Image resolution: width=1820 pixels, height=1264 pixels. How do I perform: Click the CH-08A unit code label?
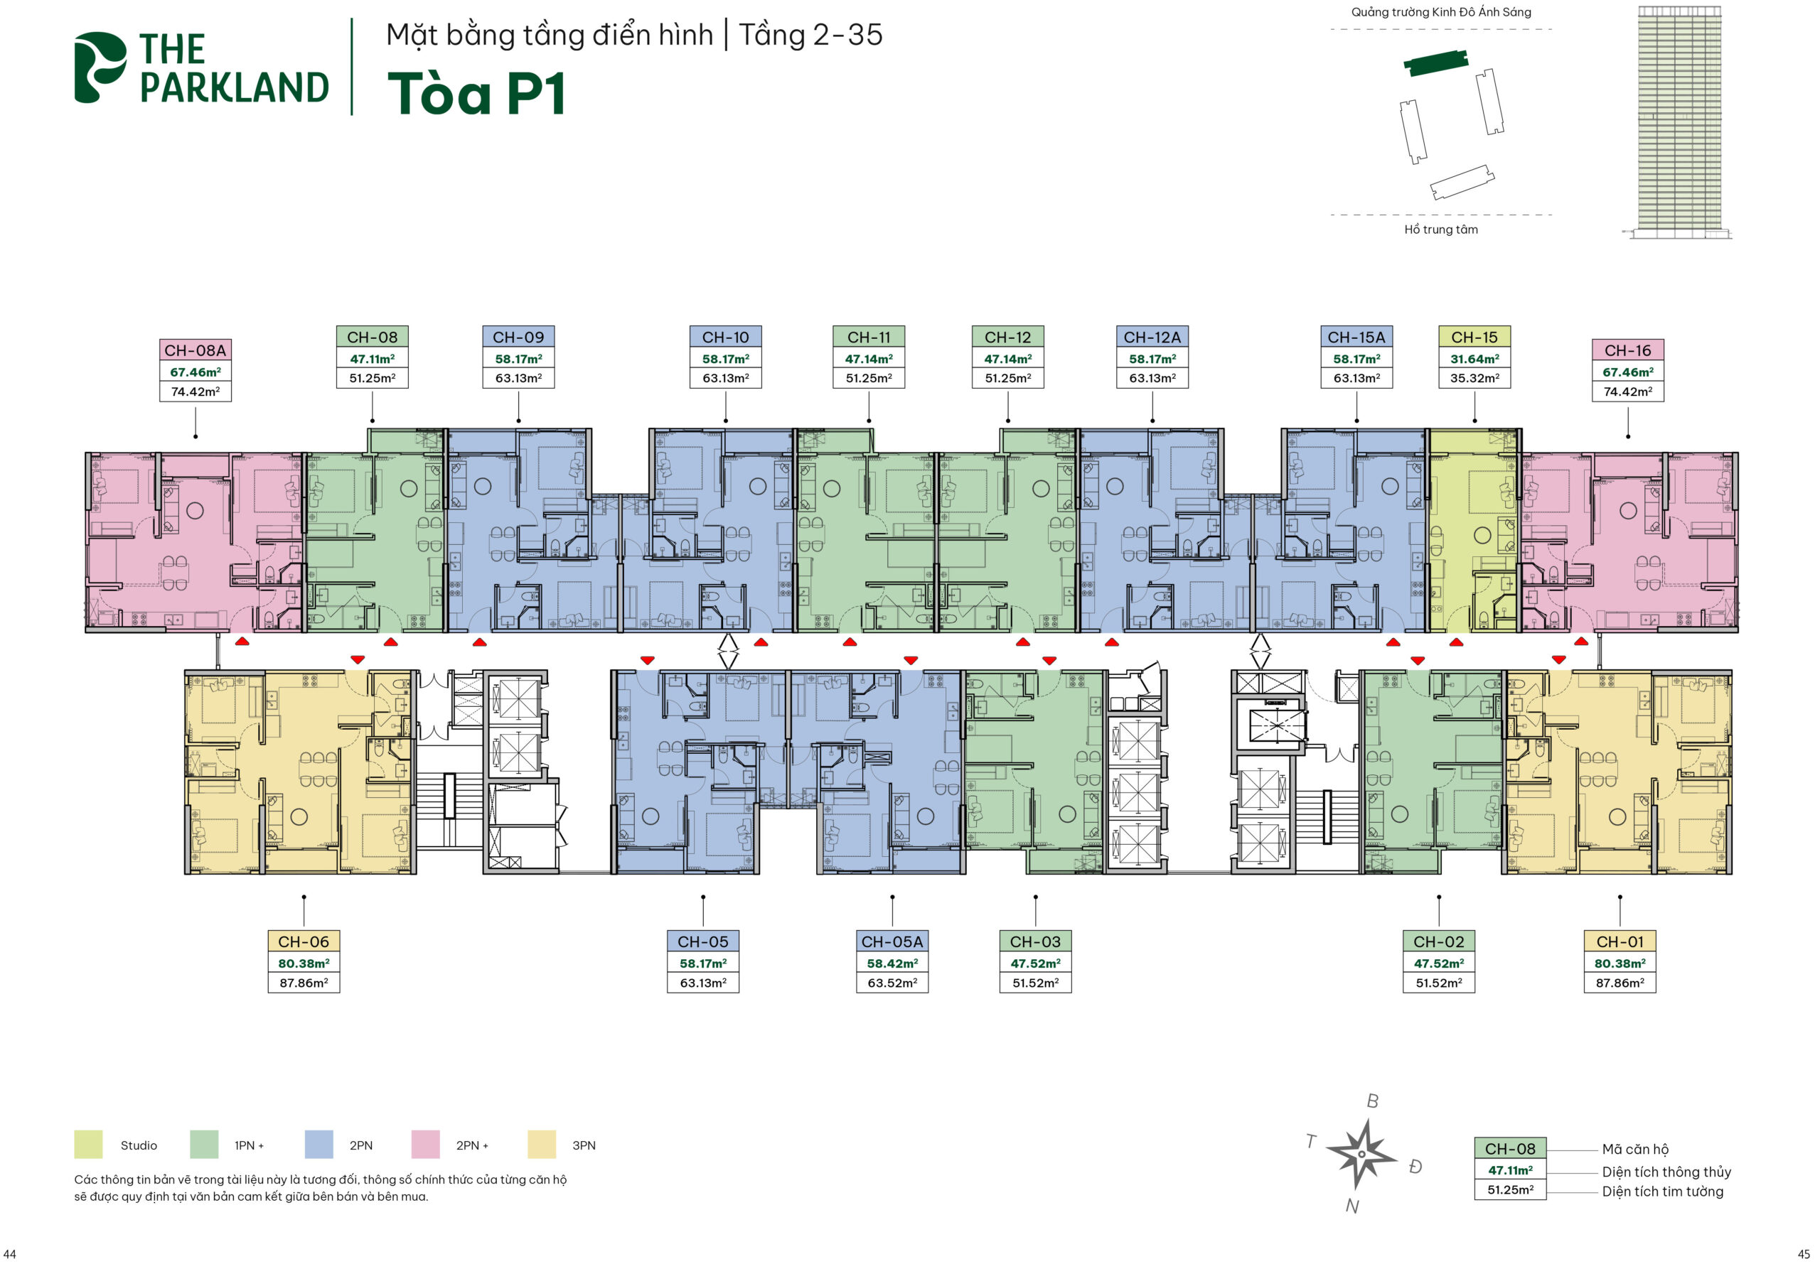coord(195,350)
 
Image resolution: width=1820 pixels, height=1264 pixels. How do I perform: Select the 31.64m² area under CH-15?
coord(1474,359)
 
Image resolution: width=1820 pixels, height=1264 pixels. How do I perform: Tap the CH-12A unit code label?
coord(1151,337)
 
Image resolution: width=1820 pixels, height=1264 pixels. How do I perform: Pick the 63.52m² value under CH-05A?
coord(892,983)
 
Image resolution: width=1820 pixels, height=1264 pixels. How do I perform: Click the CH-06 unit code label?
coord(304,941)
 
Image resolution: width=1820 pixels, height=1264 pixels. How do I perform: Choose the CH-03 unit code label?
coord(1035,941)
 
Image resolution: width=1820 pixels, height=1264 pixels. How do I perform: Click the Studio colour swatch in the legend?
coord(88,1145)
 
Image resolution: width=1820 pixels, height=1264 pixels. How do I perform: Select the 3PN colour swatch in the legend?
coord(542,1145)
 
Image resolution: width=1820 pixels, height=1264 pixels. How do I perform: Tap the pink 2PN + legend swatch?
coord(425,1145)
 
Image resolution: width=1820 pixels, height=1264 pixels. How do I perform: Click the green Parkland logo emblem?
coord(100,67)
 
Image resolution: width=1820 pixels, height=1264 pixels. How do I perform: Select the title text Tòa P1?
coord(476,94)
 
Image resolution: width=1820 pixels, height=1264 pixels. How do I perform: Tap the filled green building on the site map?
coord(1435,61)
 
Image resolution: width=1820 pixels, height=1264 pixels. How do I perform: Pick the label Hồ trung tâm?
coord(1440,229)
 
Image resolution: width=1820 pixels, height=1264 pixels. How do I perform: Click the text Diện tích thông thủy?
coord(1666,1172)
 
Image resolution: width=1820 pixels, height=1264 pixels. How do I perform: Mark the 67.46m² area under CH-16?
coord(1627,372)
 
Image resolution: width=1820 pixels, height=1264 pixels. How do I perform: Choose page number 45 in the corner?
coord(1804,1254)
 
